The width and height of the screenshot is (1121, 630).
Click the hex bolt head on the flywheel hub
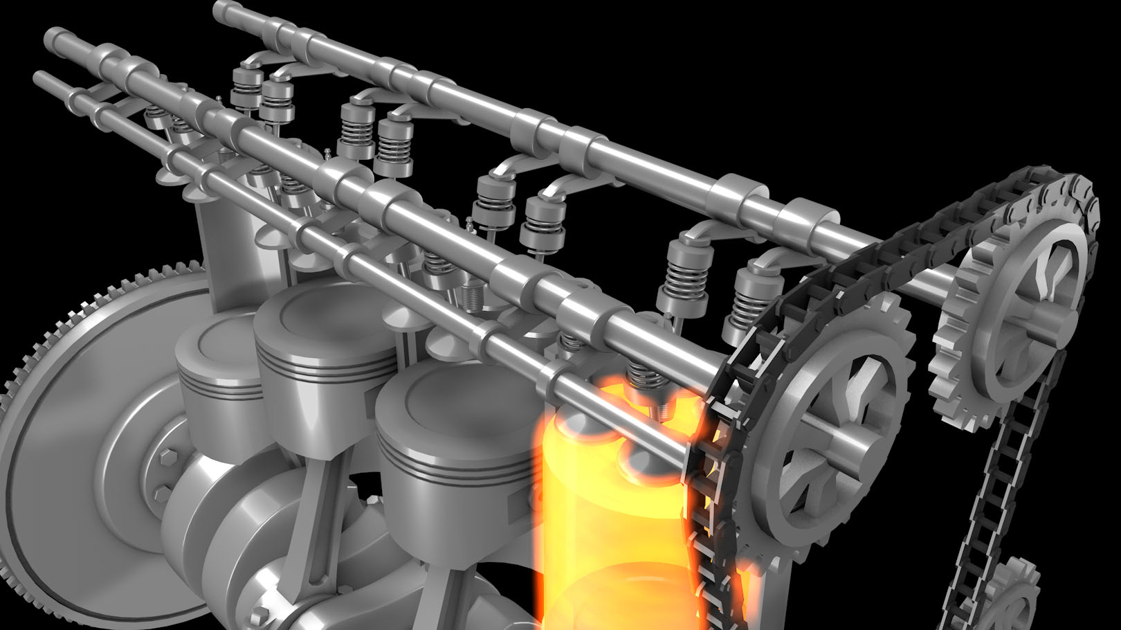pos(168,458)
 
